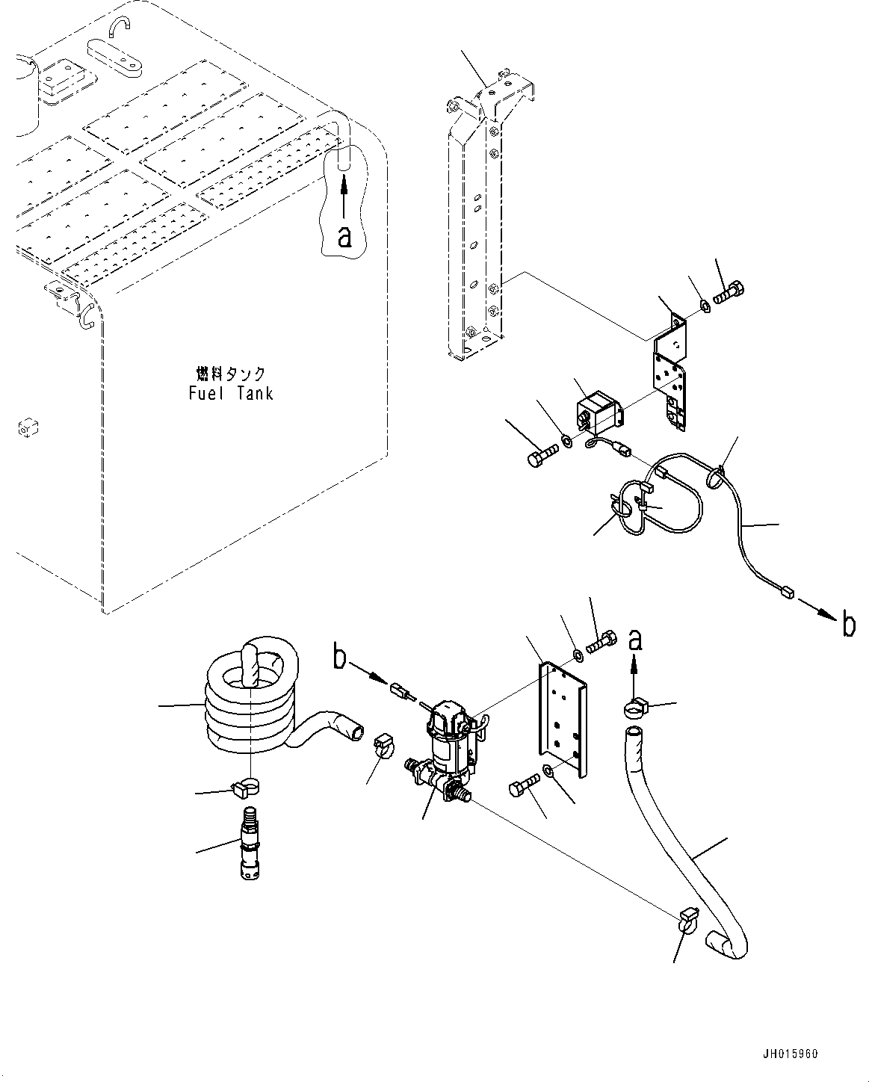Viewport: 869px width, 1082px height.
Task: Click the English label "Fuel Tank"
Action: (230, 393)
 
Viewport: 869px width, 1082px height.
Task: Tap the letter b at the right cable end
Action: (848, 623)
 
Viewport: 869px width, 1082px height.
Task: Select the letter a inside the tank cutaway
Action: (344, 235)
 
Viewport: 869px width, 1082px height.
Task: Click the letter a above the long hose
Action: (634, 640)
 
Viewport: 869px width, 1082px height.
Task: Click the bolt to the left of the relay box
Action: (540, 455)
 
